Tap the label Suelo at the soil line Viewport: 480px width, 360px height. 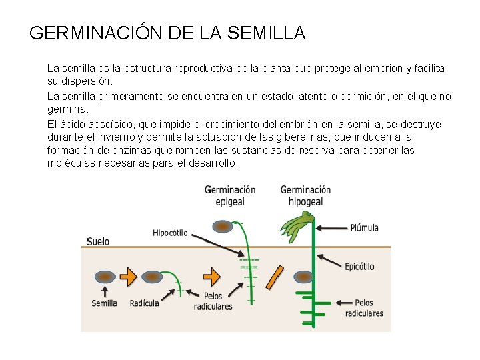click(98, 241)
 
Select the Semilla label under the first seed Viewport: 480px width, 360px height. click(104, 303)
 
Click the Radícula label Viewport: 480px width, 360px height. click(144, 303)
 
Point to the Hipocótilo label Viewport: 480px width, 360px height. click(170, 233)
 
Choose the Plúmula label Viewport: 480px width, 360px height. click(364, 227)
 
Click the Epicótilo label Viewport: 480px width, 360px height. click(359, 267)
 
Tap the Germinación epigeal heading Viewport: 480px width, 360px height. click(230, 195)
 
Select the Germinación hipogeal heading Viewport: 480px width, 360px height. click(305, 195)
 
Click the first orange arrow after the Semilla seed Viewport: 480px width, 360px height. click(128, 276)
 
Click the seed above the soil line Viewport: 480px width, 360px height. click(223, 227)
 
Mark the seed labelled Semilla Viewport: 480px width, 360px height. click(104, 276)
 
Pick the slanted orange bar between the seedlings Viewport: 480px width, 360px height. click(274, 277)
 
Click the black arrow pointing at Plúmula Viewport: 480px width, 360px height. click(331, 227)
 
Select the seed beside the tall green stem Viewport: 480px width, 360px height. click(303, 276)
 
